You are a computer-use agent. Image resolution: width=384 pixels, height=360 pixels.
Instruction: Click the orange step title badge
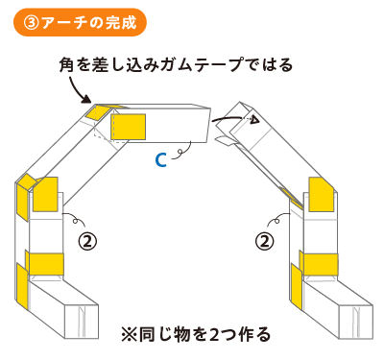(80, 22)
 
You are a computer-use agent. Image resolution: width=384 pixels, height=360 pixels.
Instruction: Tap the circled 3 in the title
(32, 23)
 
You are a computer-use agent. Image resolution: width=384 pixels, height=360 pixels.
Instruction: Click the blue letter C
(160, 160)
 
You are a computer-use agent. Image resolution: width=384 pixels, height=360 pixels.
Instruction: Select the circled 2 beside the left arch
(87, 241)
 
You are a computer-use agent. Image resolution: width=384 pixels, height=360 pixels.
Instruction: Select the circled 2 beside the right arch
(264, 241)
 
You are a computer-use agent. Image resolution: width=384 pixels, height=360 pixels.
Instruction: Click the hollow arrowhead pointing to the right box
(254, 120)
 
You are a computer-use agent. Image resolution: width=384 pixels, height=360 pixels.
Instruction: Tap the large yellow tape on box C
(128, 127)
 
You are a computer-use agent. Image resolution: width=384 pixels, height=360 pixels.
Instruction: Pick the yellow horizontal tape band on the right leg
(319, 264)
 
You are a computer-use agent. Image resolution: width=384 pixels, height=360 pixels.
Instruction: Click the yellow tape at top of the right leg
(322, 195)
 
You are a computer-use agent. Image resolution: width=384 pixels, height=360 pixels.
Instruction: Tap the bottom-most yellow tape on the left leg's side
(22, 286)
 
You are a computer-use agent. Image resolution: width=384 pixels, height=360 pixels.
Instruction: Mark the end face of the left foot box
(82, 322)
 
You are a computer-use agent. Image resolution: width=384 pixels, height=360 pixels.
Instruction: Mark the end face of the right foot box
(355, 322)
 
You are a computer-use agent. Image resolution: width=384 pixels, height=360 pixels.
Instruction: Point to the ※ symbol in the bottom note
(129, 334)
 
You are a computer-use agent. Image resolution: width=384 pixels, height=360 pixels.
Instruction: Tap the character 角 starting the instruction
(66, 65)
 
